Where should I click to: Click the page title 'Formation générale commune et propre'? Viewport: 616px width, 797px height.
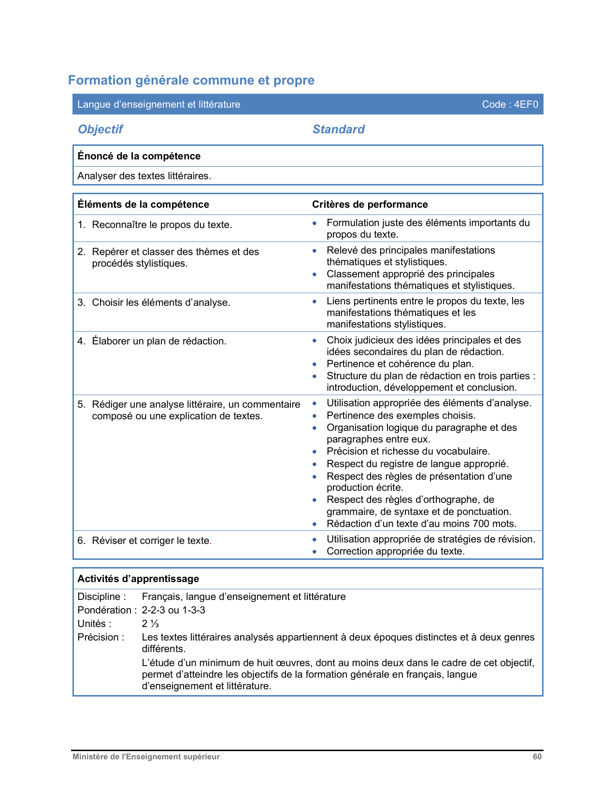coord(191,80)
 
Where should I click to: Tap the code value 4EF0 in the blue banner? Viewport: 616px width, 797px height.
coord(526,104)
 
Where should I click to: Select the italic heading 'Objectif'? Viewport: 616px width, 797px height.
coord(100,129)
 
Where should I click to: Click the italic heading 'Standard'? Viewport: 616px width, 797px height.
coord(338,129)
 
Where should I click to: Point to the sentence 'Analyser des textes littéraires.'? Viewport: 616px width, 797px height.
coord(144,176)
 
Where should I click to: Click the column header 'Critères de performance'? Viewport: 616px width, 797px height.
coord(370,204)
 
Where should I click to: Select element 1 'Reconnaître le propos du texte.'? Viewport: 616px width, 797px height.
coord(162,225)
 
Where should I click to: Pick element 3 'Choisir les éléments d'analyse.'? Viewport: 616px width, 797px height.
coord(161,302)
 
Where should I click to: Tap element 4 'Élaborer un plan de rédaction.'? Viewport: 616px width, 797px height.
coord(159,341)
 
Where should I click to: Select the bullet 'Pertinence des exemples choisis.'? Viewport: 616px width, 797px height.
coord(401,415)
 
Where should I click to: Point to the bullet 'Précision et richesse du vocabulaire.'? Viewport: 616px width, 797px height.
coord(408,451)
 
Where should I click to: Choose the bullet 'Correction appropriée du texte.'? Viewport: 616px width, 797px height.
coord(395,551)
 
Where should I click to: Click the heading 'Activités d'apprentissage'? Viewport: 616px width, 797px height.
coord(138,579)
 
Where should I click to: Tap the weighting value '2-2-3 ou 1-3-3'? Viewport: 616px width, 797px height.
coord(173,610)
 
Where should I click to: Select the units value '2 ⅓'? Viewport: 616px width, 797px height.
coord(150,624)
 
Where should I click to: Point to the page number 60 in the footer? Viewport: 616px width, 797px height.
coord(537,757)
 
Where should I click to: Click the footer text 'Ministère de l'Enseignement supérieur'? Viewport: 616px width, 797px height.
coord(146,757)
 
